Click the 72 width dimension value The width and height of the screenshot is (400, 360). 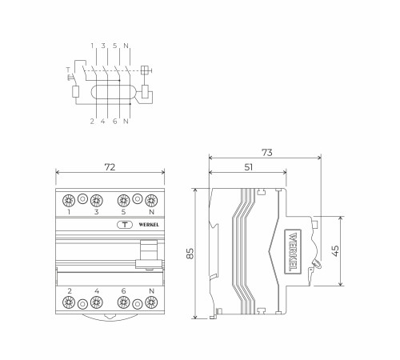(x=110, y=167)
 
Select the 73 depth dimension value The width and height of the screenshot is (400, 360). (x=267, y=153)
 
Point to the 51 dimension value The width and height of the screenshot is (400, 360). (x=248, y=167)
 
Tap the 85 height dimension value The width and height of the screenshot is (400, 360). (x=190, y=254)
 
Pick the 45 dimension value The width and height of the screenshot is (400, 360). (x=335, y=250)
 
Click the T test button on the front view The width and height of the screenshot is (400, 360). (x=125, y=225)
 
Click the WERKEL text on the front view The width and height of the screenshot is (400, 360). (x=149, y=225)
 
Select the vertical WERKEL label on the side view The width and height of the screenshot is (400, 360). (x=293, y=251)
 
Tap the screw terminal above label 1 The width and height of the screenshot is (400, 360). (x=69, y=200)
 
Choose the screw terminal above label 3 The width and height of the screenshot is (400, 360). (x=96, y=200)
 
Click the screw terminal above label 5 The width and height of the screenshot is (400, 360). (x=123, y=200)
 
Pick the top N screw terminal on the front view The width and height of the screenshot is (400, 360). (x=151, y=200)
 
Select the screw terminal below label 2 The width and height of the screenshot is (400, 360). (x=69, y=302)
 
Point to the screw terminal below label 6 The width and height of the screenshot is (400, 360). (x=123, y=302)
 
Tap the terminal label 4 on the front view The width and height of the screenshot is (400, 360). (x=97, y=291)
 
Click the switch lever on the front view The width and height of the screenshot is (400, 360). (x=149, y=254)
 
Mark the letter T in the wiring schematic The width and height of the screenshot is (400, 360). (x=68, y=70)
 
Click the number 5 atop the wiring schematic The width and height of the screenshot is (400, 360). (x=114, y=46)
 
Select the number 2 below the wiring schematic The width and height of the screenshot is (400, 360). (x=92, y=122)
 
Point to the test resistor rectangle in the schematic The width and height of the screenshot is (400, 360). (x=76, y=92)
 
